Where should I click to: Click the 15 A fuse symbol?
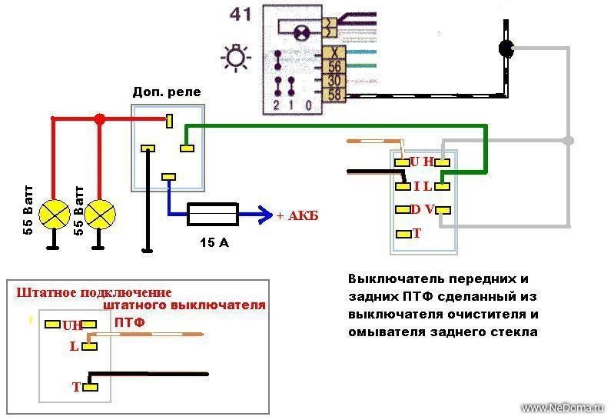click(212, 215)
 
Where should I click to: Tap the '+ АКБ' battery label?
click(297, 216)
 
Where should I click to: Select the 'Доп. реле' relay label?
click(167, 92)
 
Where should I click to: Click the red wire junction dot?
click(99, 119)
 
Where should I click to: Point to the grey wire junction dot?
click(568, 141)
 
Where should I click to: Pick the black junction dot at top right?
click(506, 48)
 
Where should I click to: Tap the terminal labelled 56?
click(334, 66)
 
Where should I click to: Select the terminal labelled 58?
click(334, 94)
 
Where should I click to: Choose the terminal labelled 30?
click(334, 80)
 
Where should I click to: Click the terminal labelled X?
click(334, 52)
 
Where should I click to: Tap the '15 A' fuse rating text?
click(214, 243)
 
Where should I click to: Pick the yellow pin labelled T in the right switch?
click(402, 234)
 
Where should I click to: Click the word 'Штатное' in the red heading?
click(46, 292)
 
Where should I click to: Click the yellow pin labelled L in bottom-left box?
click(91, 346)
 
